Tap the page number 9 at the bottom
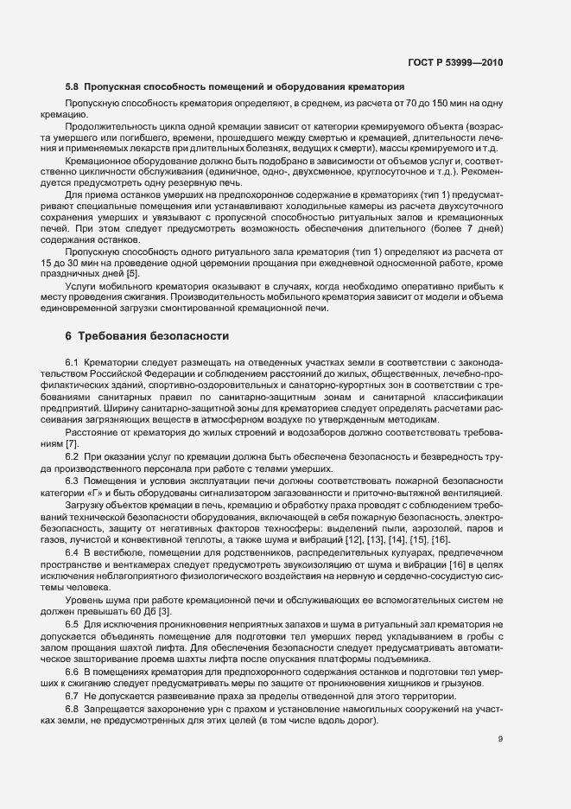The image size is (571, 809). pos(500,739)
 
